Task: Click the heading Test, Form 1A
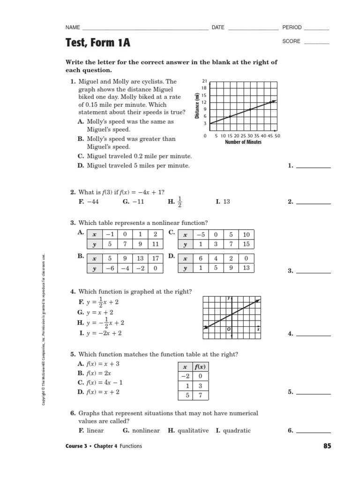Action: (97, 43)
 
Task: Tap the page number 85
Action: (327, 446)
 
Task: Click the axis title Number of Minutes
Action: (243, 142)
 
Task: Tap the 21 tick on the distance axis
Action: (204, 81)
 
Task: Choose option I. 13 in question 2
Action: (223, 202)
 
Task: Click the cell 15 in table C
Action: (246, 244)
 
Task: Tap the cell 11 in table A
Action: (156, 244)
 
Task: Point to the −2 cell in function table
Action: (185, 376)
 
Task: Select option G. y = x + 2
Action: (96, 312)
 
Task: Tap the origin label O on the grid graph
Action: (228, 330)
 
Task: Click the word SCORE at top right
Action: (291, 41)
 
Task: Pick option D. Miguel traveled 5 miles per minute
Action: (134, 165)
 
